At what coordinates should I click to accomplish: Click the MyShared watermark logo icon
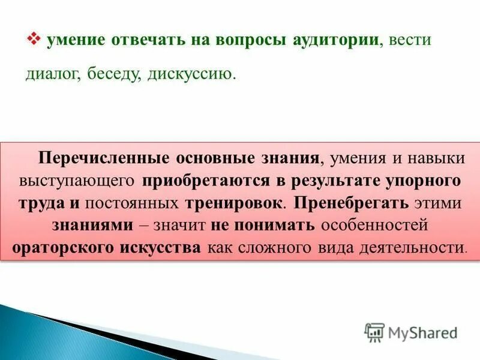(x=374, y=332)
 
